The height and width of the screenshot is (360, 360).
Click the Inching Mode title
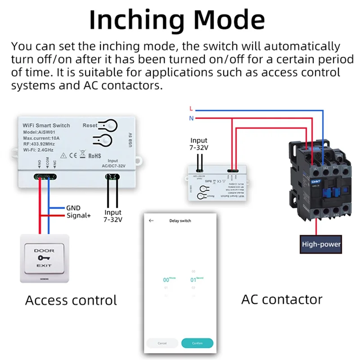(177, 20)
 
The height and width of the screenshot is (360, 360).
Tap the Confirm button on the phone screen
(197, 343)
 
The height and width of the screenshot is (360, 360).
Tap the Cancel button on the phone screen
(162, 343)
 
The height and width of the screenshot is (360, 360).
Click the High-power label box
(321, 244)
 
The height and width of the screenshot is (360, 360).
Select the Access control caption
(71, 300)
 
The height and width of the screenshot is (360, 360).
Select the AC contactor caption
(282, 299)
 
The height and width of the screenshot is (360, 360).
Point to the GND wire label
(73, 208)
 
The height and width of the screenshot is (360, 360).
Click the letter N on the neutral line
(191, 118)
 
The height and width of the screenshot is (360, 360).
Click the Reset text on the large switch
(90, 125)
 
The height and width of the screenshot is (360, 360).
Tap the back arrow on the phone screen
(151, 220)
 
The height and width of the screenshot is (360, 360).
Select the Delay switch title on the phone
(180, 220)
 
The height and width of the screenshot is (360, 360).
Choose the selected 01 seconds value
(193, 279)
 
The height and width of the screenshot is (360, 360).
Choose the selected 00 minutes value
(166, 280)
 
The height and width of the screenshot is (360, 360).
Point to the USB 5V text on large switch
(130, 140)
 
